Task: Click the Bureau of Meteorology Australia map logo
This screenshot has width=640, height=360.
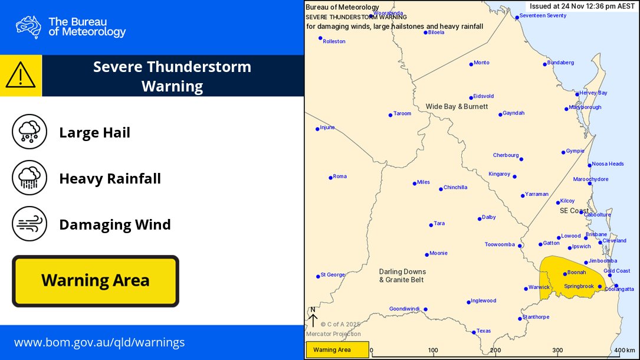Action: pyautogui.click(x=28, y=27)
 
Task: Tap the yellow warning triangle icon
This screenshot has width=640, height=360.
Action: pyautogui.click(x=21, y=76)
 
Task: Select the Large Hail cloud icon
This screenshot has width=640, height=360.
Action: pyautogui.click(x=29, y=132)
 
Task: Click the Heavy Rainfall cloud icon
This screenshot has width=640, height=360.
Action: pyautogui.click(x=29, y=178)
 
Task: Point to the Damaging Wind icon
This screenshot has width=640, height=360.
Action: pyautogui.click(x=29, y=224)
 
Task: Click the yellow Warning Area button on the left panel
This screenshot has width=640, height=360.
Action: pyautogui.click(x=95, y=281)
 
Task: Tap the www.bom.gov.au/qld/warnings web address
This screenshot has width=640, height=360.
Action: pyautogui.click(x=99, y=342)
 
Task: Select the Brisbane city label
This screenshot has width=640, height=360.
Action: pyautogui.click(x=596, y=234)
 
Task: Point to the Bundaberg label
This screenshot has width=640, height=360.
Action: pyautogui.click(x=560, y=63)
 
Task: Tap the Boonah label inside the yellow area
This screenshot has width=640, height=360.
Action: pyautogui.click(x=576, y=273)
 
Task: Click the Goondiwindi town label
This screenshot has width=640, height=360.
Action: pyautogui.click(x=405, y=309)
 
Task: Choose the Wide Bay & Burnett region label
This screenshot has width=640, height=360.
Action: pyautogui.click(x=457, y=106)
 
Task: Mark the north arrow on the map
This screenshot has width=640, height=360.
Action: pyautogui.click(x=313, y=318)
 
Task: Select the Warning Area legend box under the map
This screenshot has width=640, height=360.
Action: pyautogui.click(x=337, y=350)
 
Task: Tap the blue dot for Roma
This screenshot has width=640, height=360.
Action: pyautogui.click(x=331, y=177)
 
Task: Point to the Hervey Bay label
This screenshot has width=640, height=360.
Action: pyautogui.click(x=593, y=93)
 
